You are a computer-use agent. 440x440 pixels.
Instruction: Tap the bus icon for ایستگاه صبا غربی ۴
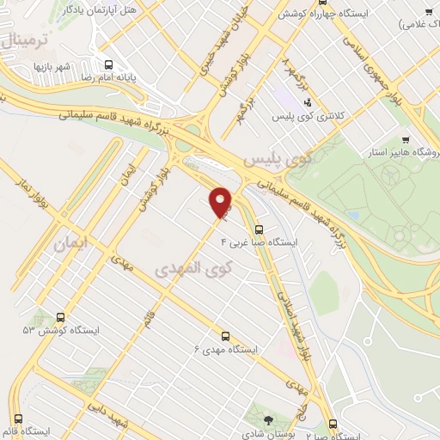[x=260, y=229]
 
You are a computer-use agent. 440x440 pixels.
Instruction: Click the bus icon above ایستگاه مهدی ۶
[x=225, y=336]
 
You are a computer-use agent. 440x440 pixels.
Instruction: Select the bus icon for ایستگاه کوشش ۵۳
[x=59, y=316]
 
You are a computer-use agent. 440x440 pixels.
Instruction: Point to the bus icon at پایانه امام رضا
[x=108, y=64]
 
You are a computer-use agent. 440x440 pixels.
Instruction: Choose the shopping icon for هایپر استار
[x=406, y=139]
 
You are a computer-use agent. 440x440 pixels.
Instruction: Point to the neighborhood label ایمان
[x=70, y=244]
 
